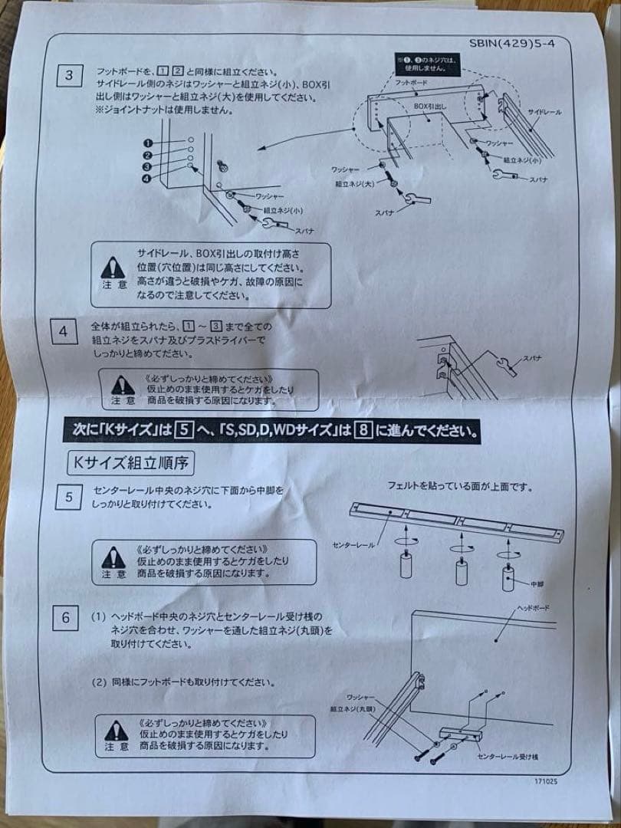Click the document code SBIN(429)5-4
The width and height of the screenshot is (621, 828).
tap(511, 44)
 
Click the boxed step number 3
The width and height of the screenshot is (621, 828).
tap(69, 75)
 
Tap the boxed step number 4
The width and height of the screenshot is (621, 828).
tap(64, 331)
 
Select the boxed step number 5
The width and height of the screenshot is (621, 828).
tap(68, 497)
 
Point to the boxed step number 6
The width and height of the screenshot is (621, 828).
tap(67, 618)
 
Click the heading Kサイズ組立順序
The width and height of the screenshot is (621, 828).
tap(131, 462)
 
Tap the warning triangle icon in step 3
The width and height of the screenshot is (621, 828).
tap(113, 267)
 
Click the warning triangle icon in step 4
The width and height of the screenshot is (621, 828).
tap(123, 385)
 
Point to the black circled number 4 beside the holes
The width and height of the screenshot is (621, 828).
tap(146, 179)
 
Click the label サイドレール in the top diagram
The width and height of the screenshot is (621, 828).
tap(544, 112)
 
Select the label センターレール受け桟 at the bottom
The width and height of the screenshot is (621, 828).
tap(507, 757)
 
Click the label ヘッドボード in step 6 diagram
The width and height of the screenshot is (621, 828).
tap(533, 607)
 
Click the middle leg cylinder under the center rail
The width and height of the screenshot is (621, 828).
tap(462, 572)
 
